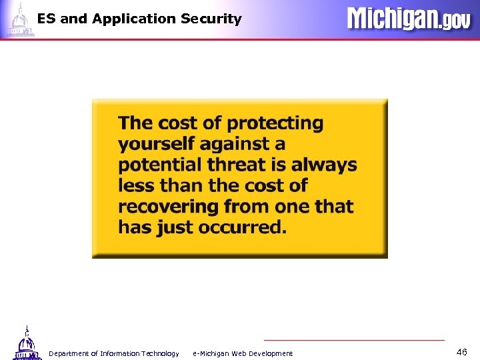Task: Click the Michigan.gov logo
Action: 408,19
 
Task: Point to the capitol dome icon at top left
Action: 19,19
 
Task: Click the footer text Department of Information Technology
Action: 113,353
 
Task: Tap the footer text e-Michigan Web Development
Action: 243,353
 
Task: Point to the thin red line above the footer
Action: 353,340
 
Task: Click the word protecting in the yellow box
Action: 275,124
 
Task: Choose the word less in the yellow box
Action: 135,185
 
